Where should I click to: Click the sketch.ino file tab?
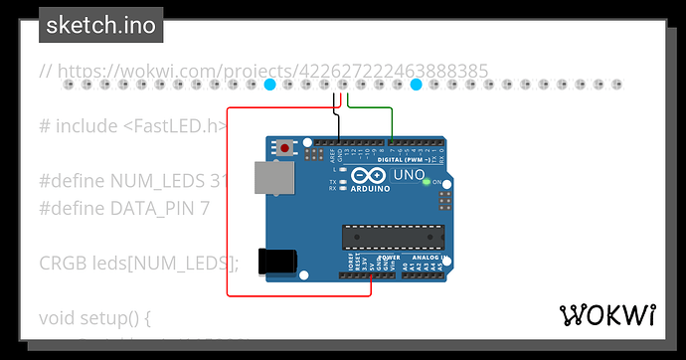tap(101, 25)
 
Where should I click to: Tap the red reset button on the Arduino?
tap(286, 149)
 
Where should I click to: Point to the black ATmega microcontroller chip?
tap(386, 236)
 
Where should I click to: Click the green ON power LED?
tap(427, 182)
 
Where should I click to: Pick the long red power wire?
tap(228, 199)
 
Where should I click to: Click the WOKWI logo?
tap(608, 315)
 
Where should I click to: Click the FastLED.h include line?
tap(134, 125)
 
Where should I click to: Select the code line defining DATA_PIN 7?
tap(124, 208)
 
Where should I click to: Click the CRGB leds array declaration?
tap(139, 263)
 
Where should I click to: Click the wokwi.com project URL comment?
tap(263, 71)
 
